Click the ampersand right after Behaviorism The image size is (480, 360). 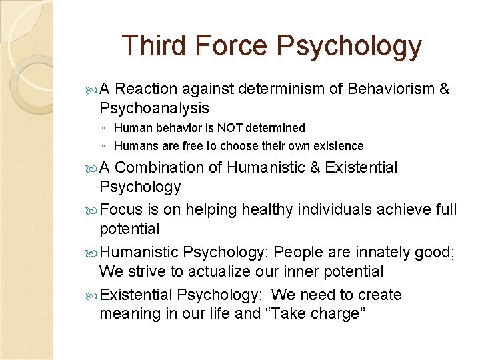(x=445, y=89)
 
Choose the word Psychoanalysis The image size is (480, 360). (x=154, y=108)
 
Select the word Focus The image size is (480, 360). (x=121, y=209)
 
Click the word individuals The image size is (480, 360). (x=303, y=209)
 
